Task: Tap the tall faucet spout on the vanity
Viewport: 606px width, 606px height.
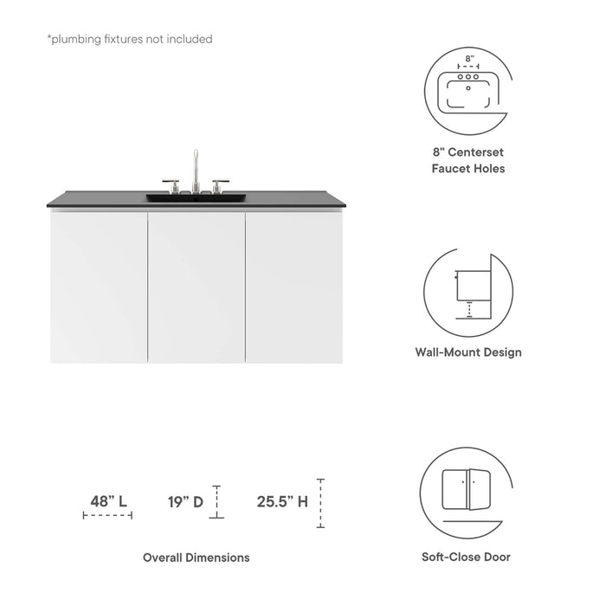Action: click(x=196, y=164)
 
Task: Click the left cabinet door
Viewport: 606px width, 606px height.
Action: click(x=99, y=286)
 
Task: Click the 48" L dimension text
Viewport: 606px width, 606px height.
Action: click(x=109, y=500)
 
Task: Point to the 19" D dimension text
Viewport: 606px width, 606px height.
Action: click(x=186, y=500)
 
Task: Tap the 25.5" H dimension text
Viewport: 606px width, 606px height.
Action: click(x=282, y=500)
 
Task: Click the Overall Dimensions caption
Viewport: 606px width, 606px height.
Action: click(x=197, y=558)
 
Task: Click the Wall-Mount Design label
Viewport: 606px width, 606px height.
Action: click(x=469, y=352)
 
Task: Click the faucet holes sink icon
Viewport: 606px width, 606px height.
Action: click(x=468, y=85)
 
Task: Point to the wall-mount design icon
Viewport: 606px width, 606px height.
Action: click(x=467, y=288)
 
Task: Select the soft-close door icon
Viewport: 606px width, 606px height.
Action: click(x=467, y=490)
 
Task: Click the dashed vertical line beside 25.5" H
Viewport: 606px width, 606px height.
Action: click(x=320, y=503)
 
